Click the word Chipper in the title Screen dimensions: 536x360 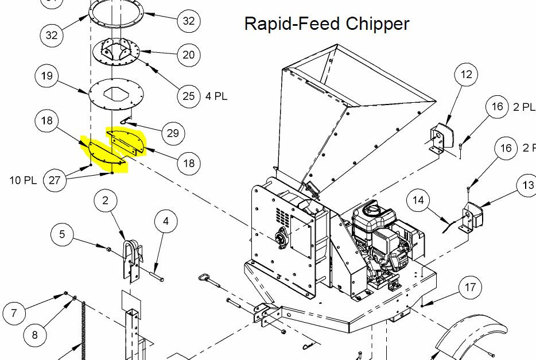pos(378,24)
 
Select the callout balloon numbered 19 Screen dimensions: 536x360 pos(47,76)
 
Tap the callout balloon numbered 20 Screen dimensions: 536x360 pos(189,55)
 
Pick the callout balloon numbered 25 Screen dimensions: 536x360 pos(189,96)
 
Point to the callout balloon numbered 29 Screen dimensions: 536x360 pos(173,133)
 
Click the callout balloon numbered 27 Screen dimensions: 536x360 pos(55,180)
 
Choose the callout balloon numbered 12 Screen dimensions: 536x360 pos(467,74)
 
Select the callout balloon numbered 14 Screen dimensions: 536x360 pos(418,200)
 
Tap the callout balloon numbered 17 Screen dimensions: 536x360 pos(471,287)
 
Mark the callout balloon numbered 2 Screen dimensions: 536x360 pos(105,200)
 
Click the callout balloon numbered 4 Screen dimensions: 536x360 pos(166,221)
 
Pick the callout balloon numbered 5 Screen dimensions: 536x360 pos(62,234)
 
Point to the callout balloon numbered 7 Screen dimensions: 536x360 pos(14,312)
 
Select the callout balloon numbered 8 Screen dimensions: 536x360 pos(35,334)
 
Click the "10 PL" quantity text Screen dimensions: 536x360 pos(23,180)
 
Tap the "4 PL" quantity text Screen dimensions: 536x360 pos(216,96)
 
